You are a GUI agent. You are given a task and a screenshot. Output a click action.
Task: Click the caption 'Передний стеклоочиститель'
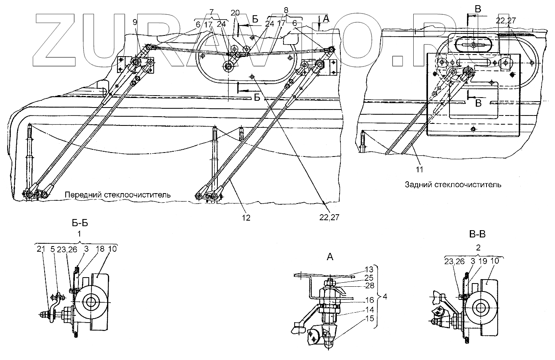118,195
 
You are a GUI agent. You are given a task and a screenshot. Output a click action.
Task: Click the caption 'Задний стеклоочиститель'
453,184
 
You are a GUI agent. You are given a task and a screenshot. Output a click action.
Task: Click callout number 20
235,13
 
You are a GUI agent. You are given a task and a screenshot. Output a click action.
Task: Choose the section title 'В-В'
477,234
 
